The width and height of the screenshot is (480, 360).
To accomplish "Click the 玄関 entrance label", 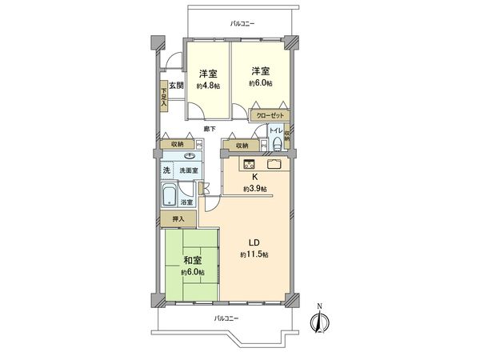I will [175, 86].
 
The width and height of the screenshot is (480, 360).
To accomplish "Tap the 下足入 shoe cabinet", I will [163, 95].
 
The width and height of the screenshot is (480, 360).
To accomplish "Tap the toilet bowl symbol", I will [276, 144].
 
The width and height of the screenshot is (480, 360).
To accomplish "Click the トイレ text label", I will [274, 130].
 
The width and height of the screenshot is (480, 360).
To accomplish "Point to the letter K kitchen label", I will [255, 177].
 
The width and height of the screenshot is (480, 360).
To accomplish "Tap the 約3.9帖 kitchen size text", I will [255, 189].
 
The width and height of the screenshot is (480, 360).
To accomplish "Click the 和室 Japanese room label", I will [193, 260].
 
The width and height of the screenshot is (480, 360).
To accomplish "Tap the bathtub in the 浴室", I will [170, 196].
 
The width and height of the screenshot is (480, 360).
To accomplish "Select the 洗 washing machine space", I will [167, 170].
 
